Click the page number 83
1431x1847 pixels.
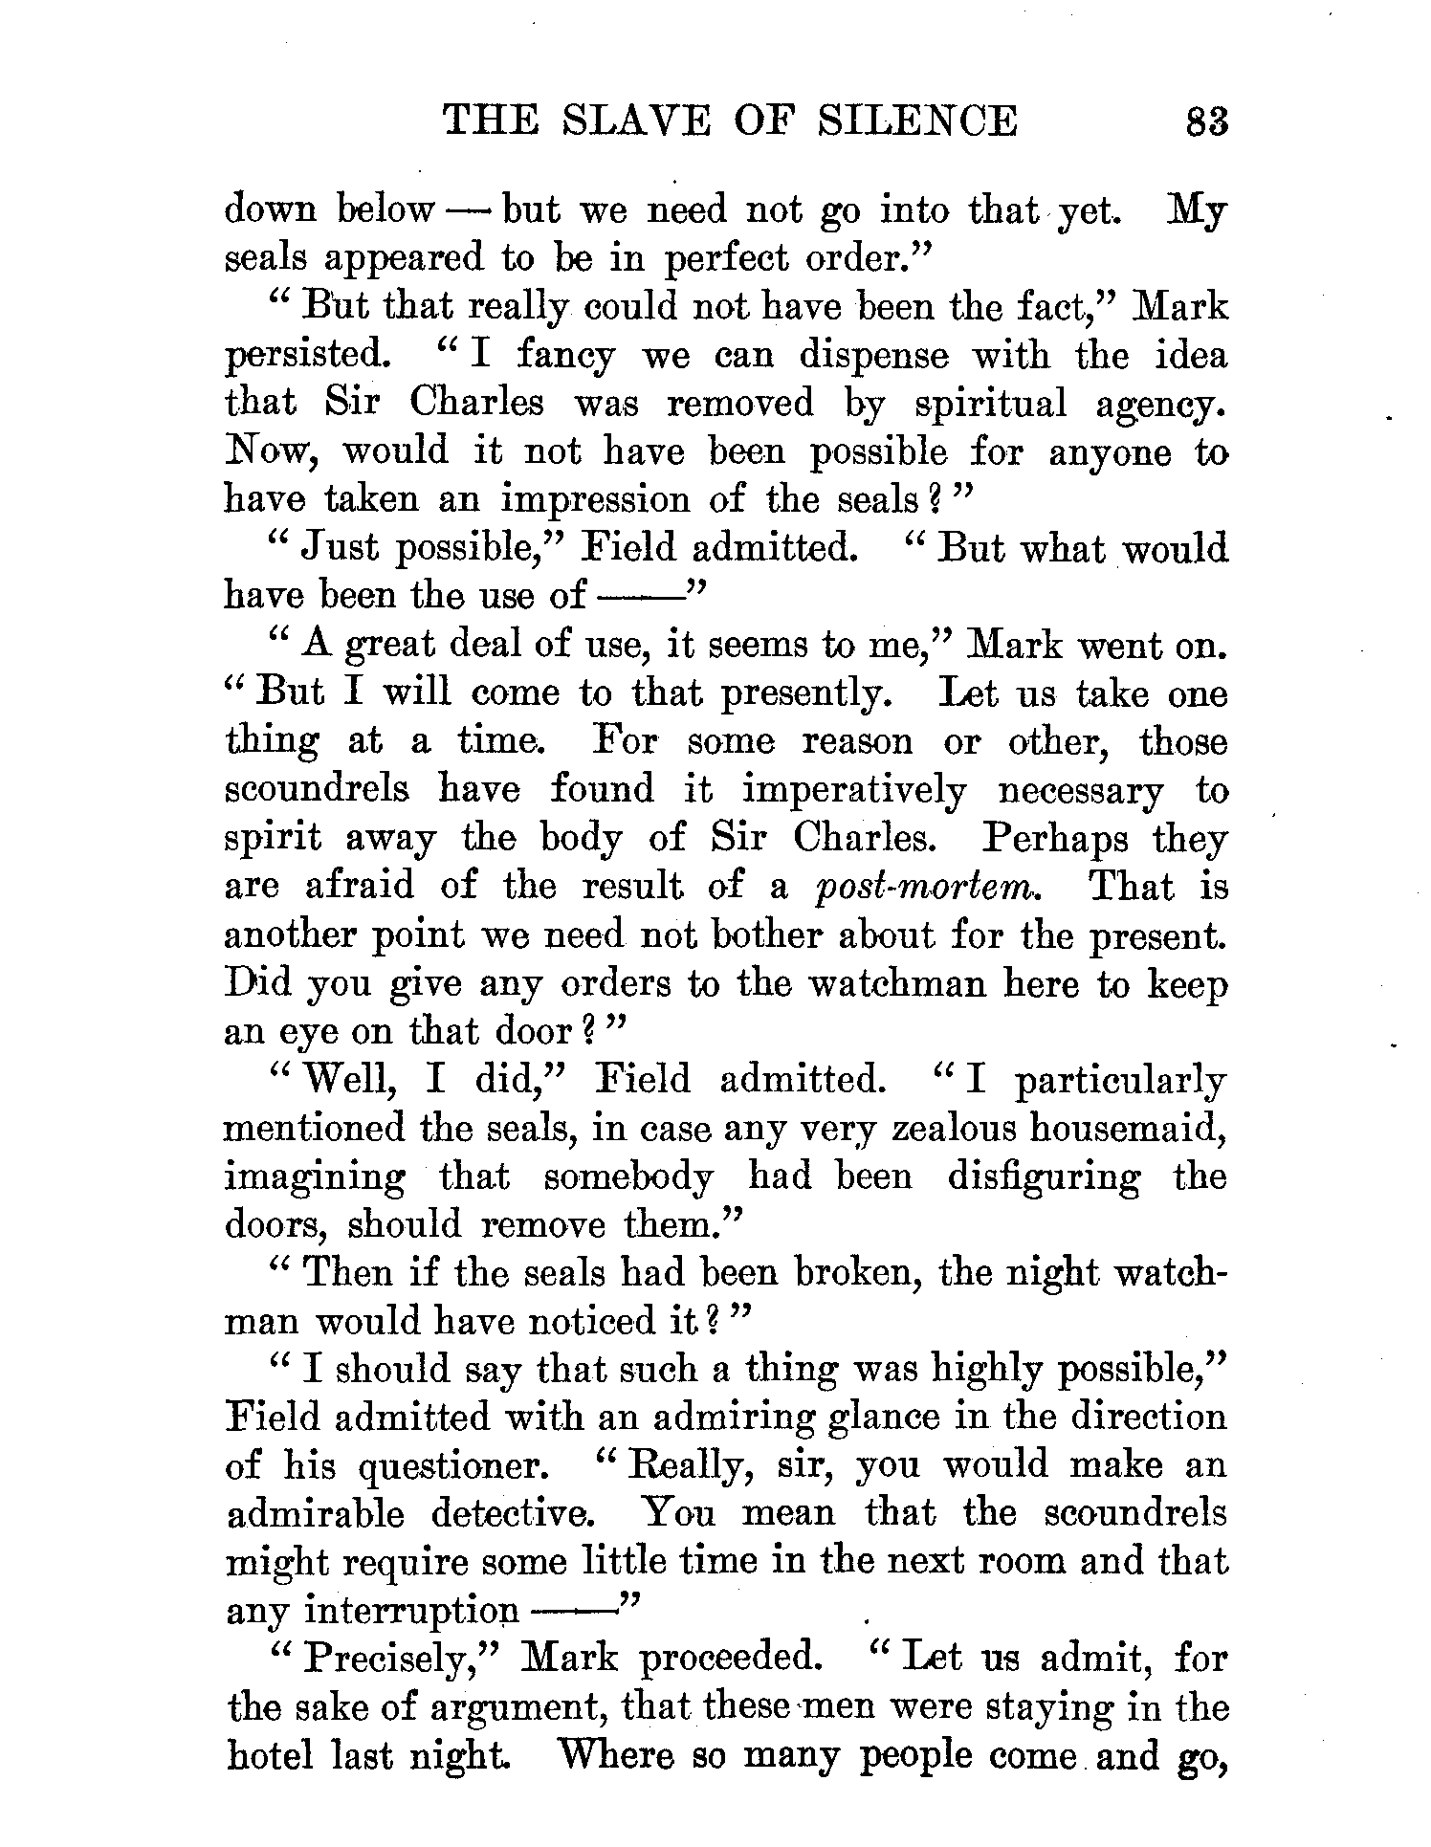(1205, 121)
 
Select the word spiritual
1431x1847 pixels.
(990, 403)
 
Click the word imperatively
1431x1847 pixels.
(854, 791)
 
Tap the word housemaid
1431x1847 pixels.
(1127, 1129)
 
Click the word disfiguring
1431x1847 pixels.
(1044, 1176)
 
